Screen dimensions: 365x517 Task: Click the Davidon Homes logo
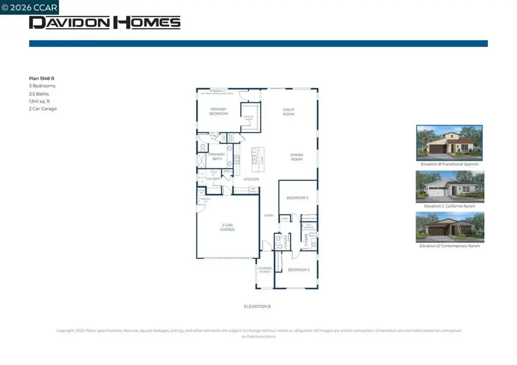(105, 22)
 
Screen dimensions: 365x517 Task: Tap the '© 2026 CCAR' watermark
(29, 7)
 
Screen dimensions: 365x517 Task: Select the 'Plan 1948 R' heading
(42, 78)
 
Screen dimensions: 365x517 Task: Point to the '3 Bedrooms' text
(43, 86)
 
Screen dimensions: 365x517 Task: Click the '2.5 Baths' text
(39, 94)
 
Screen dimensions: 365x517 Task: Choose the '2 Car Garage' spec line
(43, 108)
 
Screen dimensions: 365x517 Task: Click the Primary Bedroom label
(218, 111)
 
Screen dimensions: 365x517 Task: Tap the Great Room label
(288, 111)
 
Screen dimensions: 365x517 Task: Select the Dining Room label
(296, 157)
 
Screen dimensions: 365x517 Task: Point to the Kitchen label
(251, 180)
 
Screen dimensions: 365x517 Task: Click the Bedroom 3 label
(298, 198)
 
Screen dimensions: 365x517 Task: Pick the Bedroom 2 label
(299, 270)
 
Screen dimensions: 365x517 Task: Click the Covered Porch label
(264, 270)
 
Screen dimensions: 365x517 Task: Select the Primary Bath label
(217, 156)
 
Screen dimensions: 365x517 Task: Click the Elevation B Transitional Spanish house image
(449, 143)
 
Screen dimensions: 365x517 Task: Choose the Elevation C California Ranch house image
(449, 186)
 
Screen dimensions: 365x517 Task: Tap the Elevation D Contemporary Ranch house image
(449, 227)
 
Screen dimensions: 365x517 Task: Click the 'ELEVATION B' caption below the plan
(257, 306)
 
